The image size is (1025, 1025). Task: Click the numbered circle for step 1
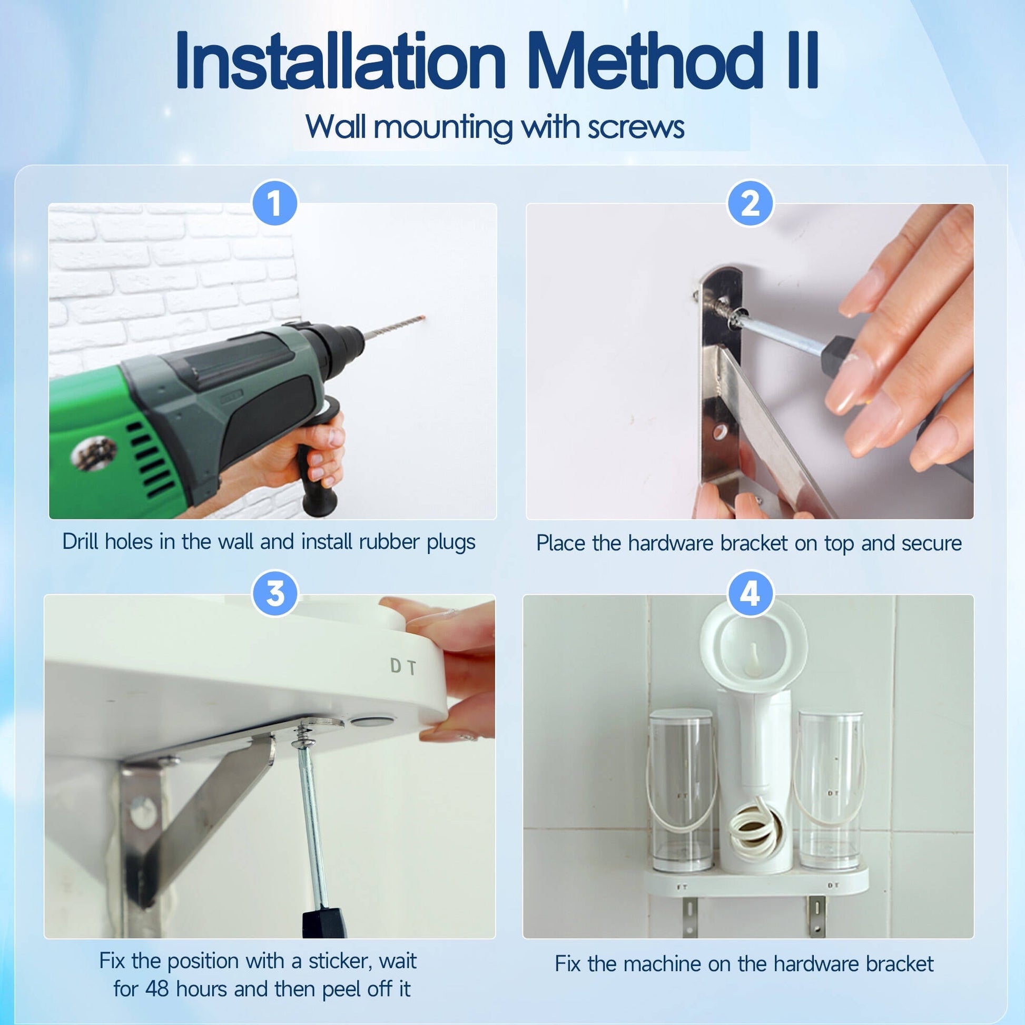click(274, 204)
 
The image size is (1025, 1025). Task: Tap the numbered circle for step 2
click(750, 204)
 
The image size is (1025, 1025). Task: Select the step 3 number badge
click(275, 593)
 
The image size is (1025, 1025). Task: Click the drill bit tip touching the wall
click(423, 318)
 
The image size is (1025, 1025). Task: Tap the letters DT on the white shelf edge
click(403, 666)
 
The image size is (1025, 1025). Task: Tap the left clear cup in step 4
click(682, 790)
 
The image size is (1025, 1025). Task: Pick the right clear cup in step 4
click(830, 791)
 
